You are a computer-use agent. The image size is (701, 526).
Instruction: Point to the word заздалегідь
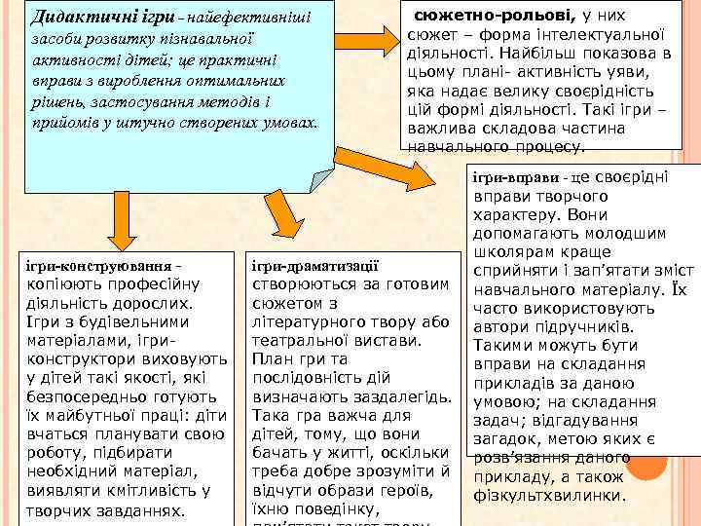point(399,396)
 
